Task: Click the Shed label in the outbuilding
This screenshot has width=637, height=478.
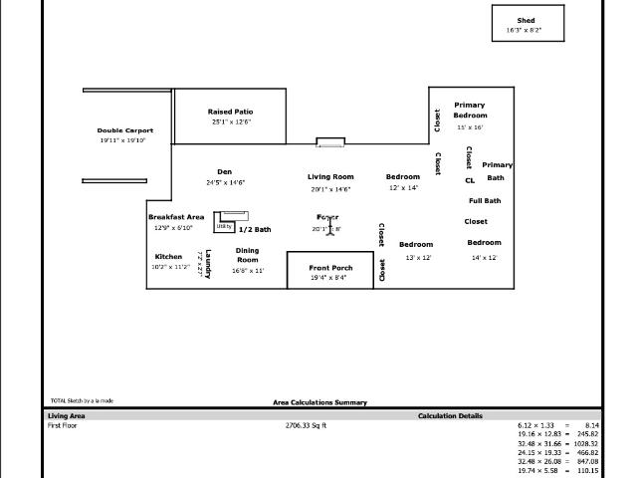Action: (526, 21)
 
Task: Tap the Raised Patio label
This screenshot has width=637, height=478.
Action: (230, 112)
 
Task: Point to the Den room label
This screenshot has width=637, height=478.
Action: (224, 172)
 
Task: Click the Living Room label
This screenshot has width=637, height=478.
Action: (330, 176)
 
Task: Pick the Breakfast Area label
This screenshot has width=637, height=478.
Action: (176, 216)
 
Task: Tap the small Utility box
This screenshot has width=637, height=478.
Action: (224, 226)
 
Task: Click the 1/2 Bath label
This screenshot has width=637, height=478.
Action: (254, 229)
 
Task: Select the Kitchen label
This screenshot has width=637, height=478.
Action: (168, 256)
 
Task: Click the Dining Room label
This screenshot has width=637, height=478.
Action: (247, 255)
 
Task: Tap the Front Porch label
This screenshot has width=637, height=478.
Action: (330, 268)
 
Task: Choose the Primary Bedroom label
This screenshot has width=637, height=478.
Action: (470, 110)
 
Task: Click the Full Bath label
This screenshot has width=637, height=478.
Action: (485, 201)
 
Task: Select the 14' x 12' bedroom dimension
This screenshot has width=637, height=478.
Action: (485, 258)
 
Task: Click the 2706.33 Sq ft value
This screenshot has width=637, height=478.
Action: (306, 425)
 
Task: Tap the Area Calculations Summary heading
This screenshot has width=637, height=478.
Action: (319, 402)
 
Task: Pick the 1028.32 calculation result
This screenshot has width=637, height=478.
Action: (586, 443)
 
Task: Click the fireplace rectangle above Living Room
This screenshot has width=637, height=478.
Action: (330, 142)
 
